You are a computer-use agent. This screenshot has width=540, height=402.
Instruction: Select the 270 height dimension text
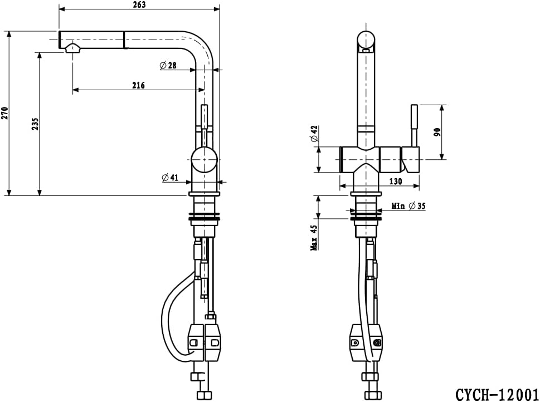click(4, 113)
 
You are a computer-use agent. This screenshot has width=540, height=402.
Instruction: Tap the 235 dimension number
click(35, 124)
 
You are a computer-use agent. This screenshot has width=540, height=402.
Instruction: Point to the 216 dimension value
click(138, 85)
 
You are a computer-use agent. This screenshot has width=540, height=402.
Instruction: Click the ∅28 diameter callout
click(168, 65)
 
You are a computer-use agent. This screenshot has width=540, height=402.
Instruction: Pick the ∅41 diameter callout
click(170, 178)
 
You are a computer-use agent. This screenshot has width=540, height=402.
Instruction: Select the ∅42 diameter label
click(314, 134)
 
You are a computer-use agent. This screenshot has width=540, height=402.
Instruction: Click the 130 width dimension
click(395, 182)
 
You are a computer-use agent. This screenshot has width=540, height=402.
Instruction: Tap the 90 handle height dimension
click(437, 132)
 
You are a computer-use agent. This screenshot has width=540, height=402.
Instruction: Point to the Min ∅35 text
click(408, 206)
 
